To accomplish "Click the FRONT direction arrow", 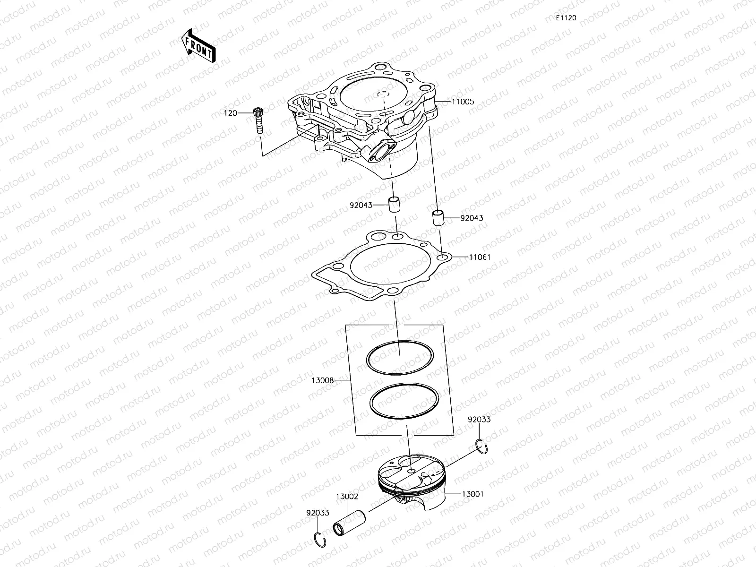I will click(198, 45).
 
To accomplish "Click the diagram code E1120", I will click(566, 18).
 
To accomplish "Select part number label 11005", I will click(463, 102).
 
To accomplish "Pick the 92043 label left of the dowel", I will click(361, 206).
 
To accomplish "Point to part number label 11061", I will click(480, 258).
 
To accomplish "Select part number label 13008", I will click(323, 380).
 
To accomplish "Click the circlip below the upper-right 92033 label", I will click(482, 446).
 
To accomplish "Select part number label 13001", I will click(472, 494).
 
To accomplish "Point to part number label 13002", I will click(347, 497).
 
